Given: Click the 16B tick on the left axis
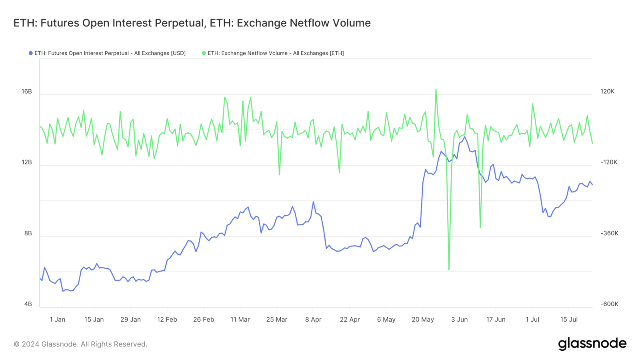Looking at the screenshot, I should [26, 92].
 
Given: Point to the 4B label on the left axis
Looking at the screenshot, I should [28, 304].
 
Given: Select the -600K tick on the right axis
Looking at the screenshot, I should [609, 304].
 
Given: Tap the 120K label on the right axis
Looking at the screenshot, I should [607, 92].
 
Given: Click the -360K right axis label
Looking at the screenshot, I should [609, 233].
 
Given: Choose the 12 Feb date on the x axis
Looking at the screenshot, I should [167, 320].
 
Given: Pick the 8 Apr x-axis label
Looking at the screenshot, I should [313, 320].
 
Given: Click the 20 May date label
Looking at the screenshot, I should [423, 320].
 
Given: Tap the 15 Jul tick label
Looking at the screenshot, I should [569, 320].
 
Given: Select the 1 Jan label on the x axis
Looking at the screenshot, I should [57, 320].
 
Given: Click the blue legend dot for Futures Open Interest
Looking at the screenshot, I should [30, 53].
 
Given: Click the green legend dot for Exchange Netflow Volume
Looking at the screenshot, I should [204, 53].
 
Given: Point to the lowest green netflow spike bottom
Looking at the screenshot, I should [449, 269].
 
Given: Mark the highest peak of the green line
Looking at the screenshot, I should [436, 90].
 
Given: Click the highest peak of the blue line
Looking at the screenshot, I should [464, 137].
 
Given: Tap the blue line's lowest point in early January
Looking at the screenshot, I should [63, 291].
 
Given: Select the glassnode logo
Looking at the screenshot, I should [592, 344].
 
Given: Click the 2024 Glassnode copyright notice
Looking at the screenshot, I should [80, 344].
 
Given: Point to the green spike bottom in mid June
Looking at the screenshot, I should [480, 228].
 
